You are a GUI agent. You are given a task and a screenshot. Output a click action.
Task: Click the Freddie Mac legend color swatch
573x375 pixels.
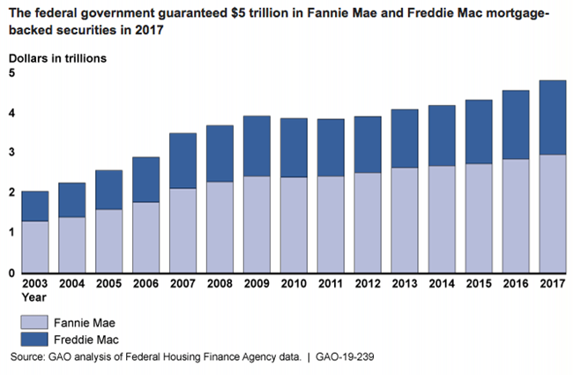point(38,339)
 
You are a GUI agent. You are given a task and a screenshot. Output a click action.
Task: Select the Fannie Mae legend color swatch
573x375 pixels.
point(38,321)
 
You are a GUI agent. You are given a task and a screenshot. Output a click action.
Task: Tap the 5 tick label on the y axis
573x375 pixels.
point(11,73)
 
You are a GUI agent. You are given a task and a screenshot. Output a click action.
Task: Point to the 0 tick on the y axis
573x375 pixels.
point(11,273)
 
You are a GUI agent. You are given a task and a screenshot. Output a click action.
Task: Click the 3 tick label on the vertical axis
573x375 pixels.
point(11,153)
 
